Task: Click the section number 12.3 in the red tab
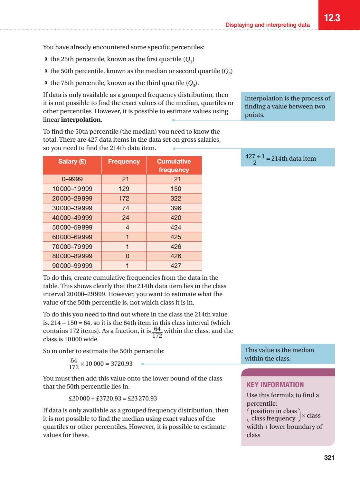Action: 332,18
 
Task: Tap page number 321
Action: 329,457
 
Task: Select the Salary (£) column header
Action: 72,162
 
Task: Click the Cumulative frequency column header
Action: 174,165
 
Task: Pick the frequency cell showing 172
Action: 124,198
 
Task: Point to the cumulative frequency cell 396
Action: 176,208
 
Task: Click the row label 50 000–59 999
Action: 72,227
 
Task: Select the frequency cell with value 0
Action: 127,256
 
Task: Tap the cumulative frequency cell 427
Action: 176,266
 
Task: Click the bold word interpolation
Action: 81,120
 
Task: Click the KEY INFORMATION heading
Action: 275,385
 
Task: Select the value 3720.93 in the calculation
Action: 121,364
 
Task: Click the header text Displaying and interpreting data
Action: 267,25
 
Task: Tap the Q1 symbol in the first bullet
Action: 189,60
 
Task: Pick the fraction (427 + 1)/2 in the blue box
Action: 255,159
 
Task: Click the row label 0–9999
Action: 72,179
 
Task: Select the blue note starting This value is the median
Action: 279,354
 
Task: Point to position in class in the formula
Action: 273,411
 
